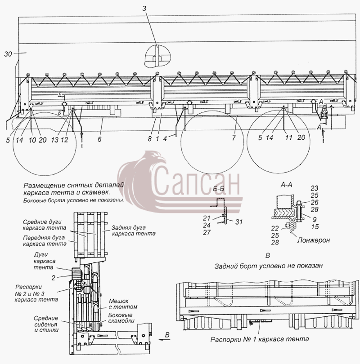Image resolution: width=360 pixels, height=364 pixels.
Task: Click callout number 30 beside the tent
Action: pyautogui.click(x=8, y=54)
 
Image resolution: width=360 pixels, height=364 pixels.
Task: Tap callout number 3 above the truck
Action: pyautogui.click(x=144, y=9)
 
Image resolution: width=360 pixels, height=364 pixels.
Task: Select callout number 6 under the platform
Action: pyautogui.click(x=99, y=139)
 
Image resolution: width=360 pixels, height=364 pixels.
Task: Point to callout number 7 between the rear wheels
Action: pyautogui.click(x=234, y=138)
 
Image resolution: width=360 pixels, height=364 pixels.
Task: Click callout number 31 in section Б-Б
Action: pyautogui.click(x=239, y=222)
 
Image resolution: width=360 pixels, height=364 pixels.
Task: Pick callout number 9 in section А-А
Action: pyautogui.click(x=315, y=219)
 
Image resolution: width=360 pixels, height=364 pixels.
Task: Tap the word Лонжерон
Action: pyautogui.click(x=314, y=240)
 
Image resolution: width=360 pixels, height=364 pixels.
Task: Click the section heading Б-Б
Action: pyautogui.click(x=219, y=189)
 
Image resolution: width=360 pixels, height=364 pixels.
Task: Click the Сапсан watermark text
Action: pyautogui.click(x=197, y=181)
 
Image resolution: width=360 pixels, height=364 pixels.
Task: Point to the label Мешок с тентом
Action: pyautogui.click(x=123, y=304)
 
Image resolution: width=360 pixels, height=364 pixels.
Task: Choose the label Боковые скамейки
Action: pyautogui.click(x=121, y=318)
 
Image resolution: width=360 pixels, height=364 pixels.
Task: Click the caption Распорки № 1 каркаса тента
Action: pyautogui.click(x=260, y=339)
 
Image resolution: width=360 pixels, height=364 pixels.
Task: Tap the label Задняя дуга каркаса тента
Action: pyautogui.click(x=134, y=230)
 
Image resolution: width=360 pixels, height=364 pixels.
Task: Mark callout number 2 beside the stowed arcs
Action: pyautogui.click(x=54, y=278)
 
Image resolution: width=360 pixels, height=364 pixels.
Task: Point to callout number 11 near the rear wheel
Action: pyautogui.click(x=288, y=138)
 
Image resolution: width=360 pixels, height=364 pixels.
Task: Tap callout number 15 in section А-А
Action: pyautogui.click(x=315, y=226)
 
